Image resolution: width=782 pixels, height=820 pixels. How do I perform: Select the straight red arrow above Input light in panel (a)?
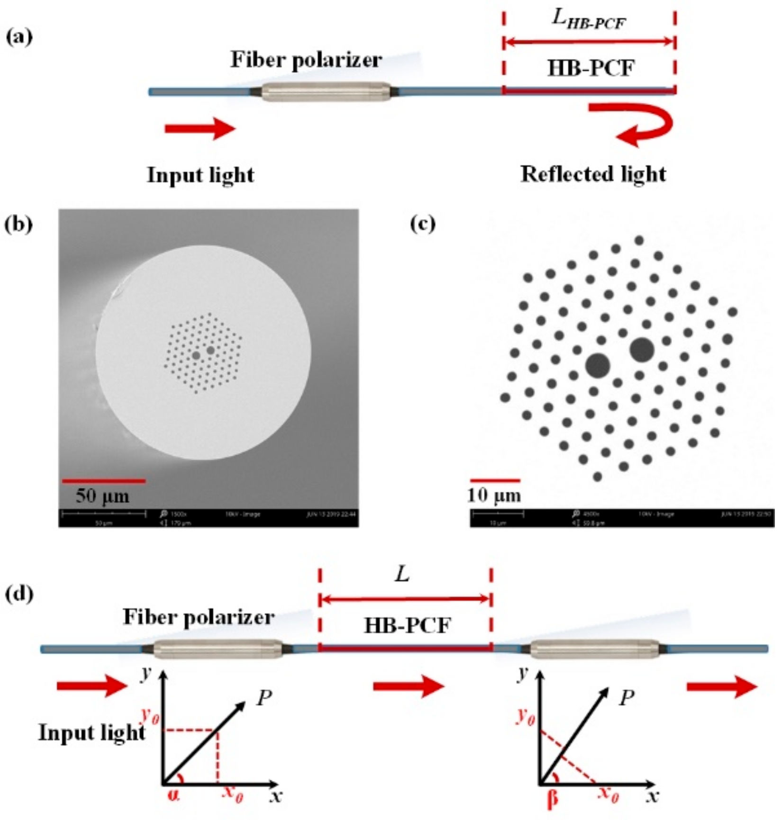200,128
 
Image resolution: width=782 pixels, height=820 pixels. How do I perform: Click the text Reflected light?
593,174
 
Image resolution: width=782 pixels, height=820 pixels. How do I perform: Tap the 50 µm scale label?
102,496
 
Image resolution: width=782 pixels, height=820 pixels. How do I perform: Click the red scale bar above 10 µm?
495,480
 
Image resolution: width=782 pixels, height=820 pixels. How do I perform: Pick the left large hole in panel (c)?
597,365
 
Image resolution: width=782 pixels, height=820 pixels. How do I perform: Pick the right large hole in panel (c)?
642,350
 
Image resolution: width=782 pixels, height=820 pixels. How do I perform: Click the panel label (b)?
19,224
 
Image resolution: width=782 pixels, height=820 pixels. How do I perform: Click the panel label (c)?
422,224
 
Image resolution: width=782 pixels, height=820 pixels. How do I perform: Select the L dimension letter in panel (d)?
402,575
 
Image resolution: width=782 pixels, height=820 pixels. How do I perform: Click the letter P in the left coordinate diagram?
264,698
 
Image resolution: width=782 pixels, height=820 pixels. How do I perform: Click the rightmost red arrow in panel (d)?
721,686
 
